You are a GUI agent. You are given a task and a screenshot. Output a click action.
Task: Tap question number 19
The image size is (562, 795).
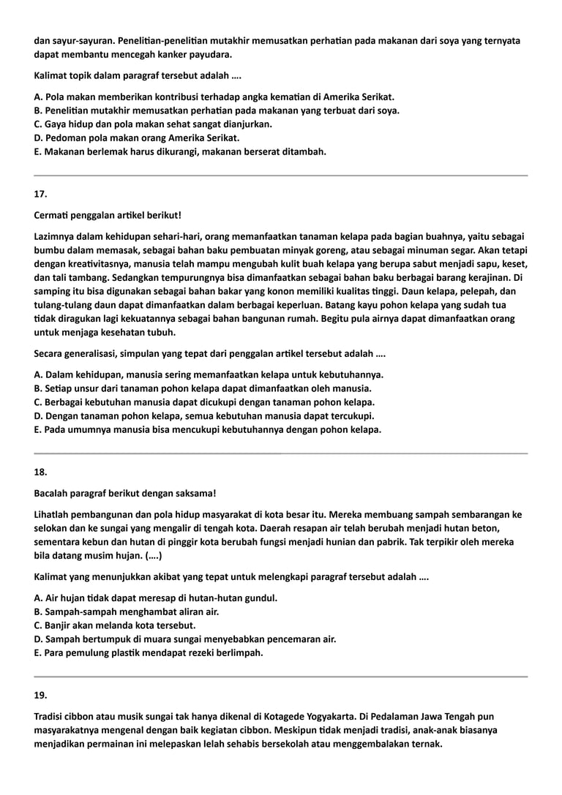click(x=40, y=695)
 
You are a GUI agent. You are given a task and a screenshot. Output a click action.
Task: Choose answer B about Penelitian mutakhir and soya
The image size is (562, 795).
click(x=216, y=110)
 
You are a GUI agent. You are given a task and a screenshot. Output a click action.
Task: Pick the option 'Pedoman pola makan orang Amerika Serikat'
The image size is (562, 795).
click(x=137, y=137)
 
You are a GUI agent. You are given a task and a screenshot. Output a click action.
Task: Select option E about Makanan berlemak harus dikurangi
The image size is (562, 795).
click(x=180, y=151)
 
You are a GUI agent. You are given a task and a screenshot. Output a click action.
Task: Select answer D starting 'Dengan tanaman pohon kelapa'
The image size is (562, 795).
click(x=204, y=416)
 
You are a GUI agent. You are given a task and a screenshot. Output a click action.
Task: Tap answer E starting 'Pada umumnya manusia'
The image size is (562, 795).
click(x=208, y=429)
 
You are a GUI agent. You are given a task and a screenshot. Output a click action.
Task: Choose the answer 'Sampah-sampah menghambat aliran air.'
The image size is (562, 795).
click(x=127, y=611)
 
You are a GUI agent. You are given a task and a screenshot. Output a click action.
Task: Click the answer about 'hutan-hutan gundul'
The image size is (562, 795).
click(x=156, y=598)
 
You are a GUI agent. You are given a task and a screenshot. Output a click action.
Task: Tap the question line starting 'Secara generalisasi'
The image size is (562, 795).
click(x=210, y=354)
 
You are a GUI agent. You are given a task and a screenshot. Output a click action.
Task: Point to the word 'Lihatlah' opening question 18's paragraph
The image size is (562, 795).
click(x=52, y=514)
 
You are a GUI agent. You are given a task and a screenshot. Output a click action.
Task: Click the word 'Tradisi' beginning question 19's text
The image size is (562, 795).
click(x=50, y=717)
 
